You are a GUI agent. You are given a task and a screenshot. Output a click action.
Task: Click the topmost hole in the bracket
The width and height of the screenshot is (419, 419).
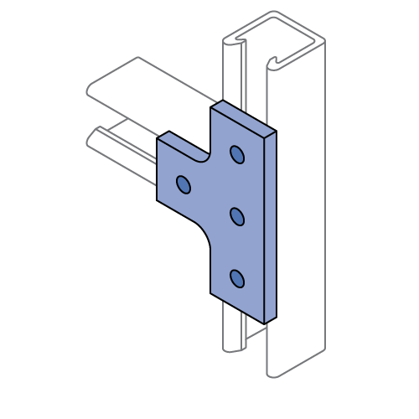[236, 155]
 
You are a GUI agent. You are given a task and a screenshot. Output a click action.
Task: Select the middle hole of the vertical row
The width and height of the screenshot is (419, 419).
[236, 217]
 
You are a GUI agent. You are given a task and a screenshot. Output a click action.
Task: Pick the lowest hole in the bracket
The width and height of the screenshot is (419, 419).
[236, 278]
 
